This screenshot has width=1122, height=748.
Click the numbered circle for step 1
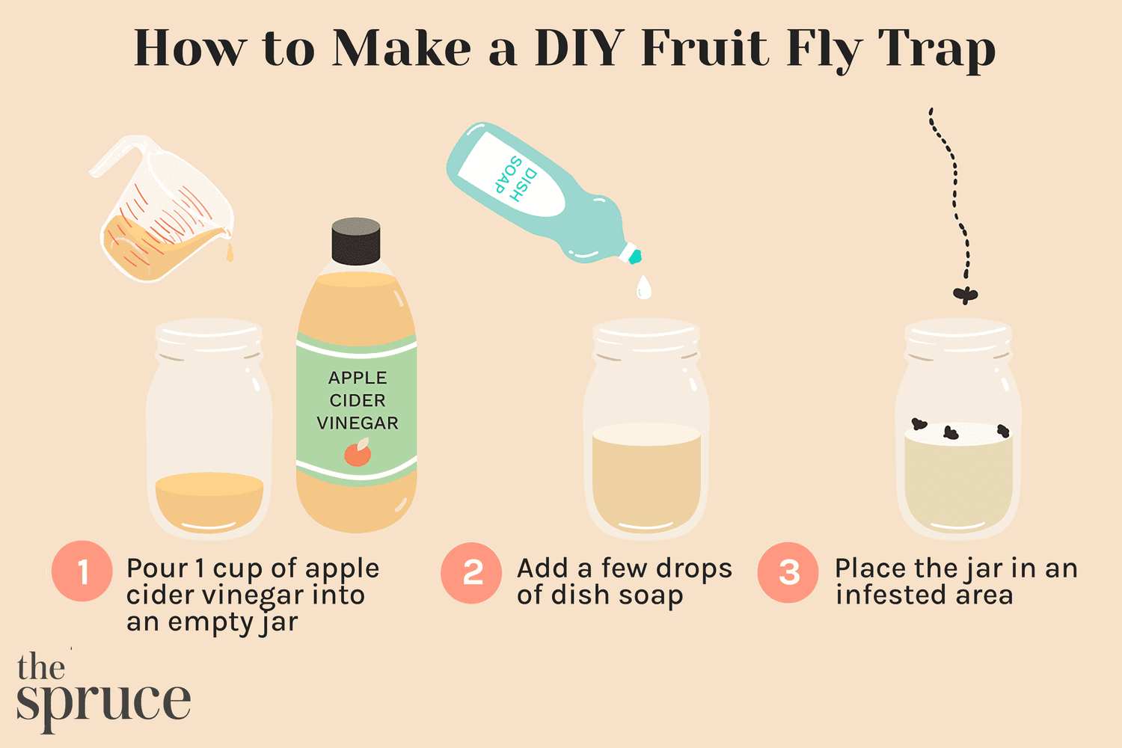click(82, 571)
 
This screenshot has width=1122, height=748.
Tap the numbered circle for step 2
click(471, 573)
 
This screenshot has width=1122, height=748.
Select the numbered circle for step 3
click(788, 573)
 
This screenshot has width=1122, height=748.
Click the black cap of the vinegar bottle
click(356, 241)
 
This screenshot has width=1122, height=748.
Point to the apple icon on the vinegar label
click(358, 453)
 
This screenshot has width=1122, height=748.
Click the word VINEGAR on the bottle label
click(358, 423)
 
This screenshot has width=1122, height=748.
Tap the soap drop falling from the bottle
click(643, 286)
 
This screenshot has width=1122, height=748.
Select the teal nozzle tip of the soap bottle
click(635, 257)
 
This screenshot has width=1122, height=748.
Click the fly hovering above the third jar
click(965, 295)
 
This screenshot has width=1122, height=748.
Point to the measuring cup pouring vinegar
click(161, 213)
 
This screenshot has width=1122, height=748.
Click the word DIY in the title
click(580, 49)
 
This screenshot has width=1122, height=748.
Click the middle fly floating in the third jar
click(951, 432)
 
